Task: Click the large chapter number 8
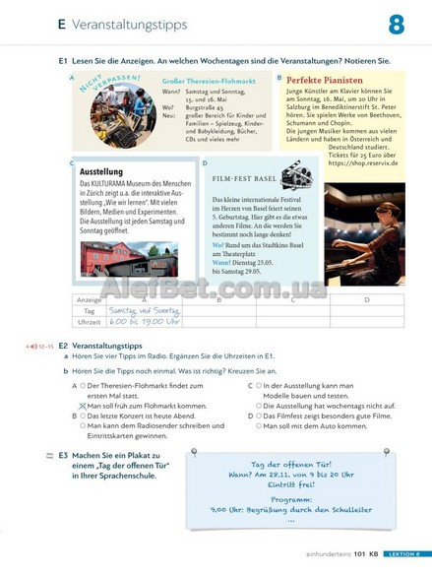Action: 396,25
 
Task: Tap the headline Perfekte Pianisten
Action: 325,80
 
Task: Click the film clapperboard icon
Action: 296,175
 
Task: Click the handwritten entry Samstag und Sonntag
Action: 145,310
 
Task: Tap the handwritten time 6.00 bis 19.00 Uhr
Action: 145,321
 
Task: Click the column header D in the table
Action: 367,299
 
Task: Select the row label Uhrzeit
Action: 90,322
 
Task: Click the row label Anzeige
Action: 90,299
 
